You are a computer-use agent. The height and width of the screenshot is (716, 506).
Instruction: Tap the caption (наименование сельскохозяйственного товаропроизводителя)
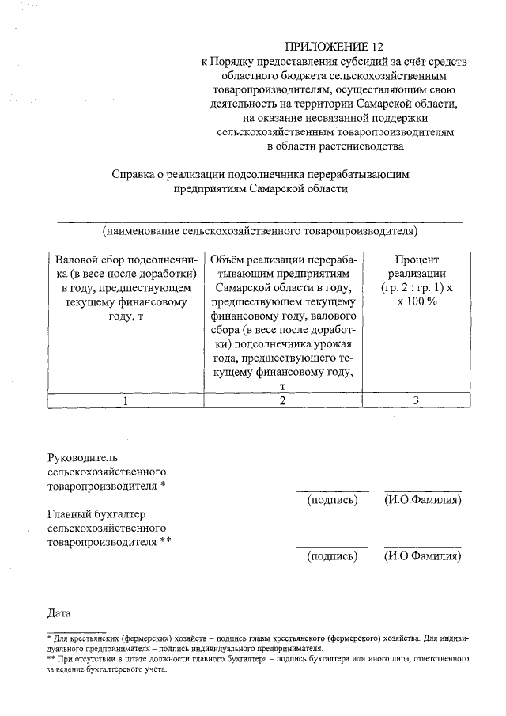click(x=259, y=232)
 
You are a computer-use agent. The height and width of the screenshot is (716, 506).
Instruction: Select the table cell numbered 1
click(x=124, y=400)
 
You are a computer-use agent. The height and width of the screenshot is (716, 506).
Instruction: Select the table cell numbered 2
click(x=282, y=400)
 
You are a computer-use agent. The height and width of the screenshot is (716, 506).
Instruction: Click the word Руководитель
click(x=83, y=458)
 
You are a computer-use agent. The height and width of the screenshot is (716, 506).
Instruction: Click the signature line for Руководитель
click(x=332, y=491)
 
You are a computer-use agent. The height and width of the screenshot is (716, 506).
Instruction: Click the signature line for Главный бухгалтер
click(x=332, y=547)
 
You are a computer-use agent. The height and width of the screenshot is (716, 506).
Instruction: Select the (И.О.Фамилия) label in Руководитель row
click(x=422, y=500)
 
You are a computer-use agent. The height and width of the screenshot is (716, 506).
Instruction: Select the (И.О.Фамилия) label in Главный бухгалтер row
click(x=422, y=556)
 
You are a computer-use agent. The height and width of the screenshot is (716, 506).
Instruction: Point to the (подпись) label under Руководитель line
click(x=332, y=500)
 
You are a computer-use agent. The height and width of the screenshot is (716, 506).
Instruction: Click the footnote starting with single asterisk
click(x=258, y=642)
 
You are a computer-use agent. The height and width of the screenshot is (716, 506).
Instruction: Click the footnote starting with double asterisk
click(x=258, y=663)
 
